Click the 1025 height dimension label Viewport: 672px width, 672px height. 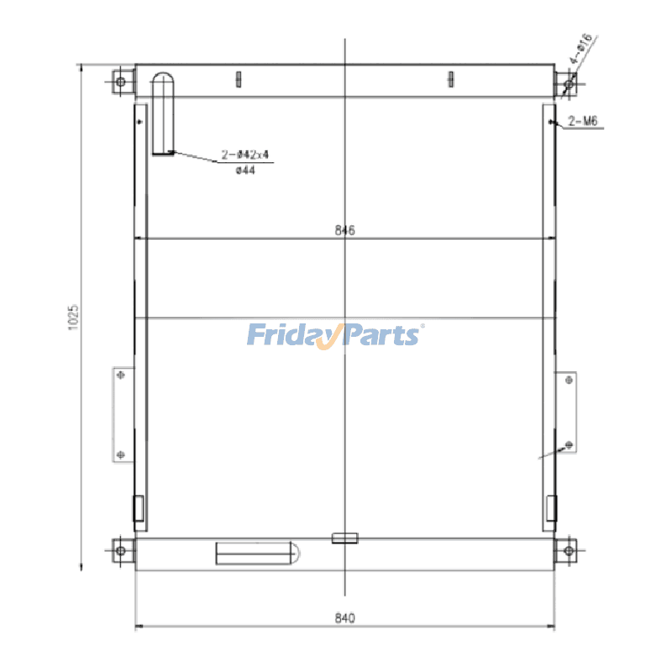(x=74, y=318)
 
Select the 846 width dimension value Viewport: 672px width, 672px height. (x=345, y=230)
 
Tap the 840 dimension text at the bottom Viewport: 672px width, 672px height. (x=345, y=618)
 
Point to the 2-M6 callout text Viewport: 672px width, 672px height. (x=583, y=121)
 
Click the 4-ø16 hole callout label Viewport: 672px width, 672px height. (x=581, y=48)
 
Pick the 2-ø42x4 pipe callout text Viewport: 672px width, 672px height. (x=245, y=155)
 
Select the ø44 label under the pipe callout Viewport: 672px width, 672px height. (x=245, y=171)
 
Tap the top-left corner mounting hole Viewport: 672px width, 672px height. (x=121, y=81)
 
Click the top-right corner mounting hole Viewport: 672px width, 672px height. (x=570, y=84)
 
